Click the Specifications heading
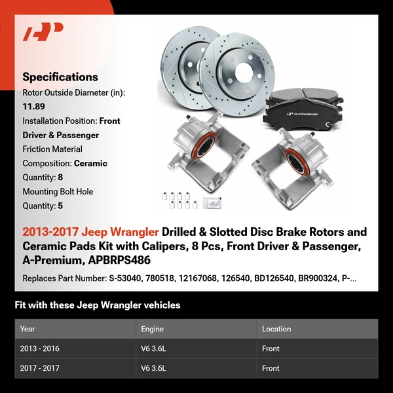point(60,77)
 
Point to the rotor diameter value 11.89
point(34,107)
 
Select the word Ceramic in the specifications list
point(90,163)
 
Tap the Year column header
point(28,329)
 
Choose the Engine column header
point(152,329)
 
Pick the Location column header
point(276,329)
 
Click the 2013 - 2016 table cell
point(39,348)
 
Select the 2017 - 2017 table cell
point(39,368)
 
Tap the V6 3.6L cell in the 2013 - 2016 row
point(154,348)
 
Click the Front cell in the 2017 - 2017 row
point(271,368)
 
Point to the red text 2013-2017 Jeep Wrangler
point(90,232)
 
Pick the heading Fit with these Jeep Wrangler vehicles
point(97,305)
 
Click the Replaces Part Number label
point(64,278)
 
